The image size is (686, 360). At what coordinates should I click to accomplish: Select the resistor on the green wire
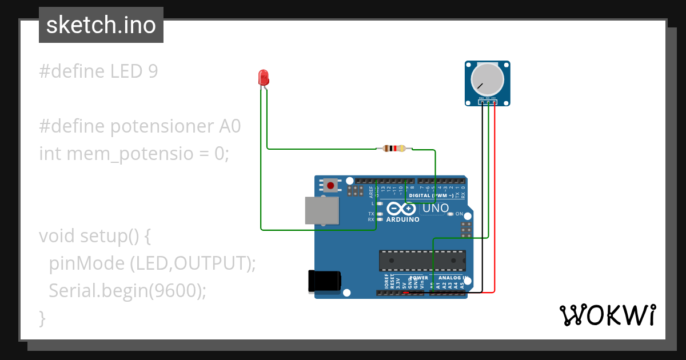tap(394, 149)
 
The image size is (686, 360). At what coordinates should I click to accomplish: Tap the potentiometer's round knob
tap(487, 80)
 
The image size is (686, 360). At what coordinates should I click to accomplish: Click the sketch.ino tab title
tap(101, 25)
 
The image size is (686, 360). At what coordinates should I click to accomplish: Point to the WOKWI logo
tap(607, 315)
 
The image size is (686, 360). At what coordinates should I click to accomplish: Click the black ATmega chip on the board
tap(422, 261)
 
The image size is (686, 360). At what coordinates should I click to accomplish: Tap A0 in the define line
tap(230, 126)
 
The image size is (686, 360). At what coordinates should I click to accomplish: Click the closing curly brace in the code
tap(42, 318)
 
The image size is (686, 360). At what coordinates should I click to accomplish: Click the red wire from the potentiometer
tap(494, 200)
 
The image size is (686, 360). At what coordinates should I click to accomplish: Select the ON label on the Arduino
tap(459, 214)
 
